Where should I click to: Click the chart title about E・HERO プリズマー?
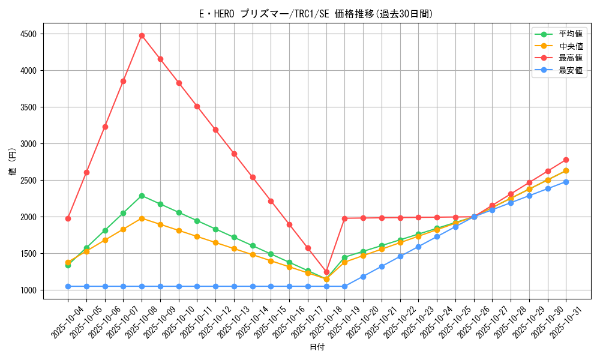[x=316, y=14]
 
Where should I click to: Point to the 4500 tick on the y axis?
[x=28, y=34]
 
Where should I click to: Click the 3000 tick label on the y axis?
[x=28, y=144]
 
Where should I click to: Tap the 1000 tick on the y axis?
[x=28, y=290]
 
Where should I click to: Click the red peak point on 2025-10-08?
[x=142, y=35]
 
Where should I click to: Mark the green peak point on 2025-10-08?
[x=142, y=196]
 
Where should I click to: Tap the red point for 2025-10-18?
[x=326, y=272]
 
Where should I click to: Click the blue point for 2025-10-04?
[x=68, y=286]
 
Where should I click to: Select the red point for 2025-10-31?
[x=566, y=160]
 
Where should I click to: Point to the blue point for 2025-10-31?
[x=566, y=182]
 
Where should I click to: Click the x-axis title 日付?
[x=317, y=347]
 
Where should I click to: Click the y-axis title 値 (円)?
[x=13, y=163]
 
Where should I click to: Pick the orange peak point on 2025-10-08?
[x=142, y=218]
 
